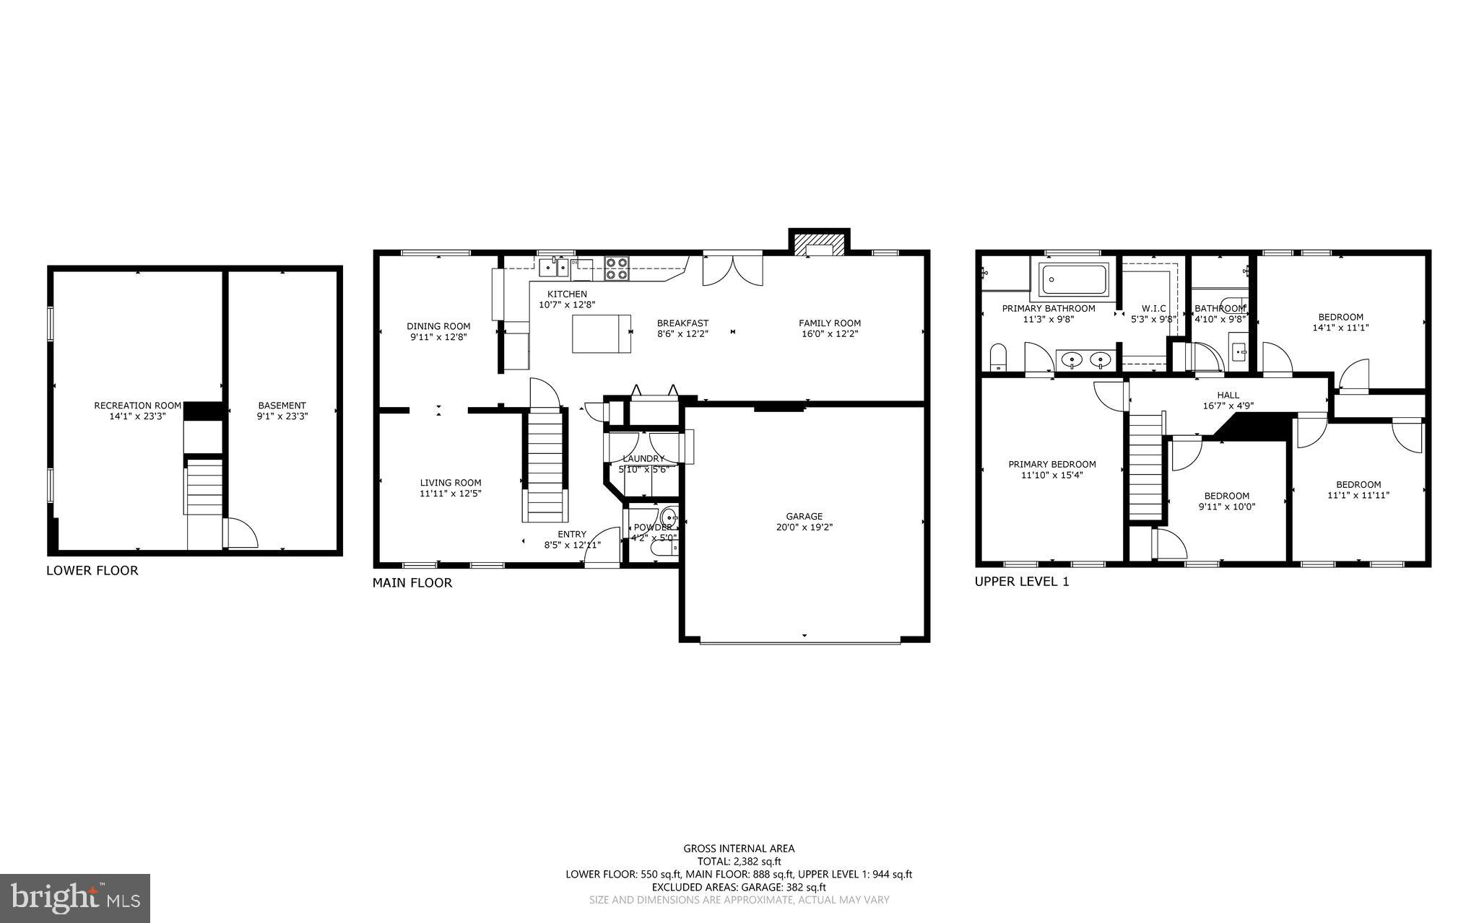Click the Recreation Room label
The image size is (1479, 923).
pyautogui.click(x=137, y=406)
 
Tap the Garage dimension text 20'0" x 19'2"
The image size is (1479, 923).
pyautogui.click(x=804, y=527)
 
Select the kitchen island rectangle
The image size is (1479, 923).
pyautogui.click(x=601, y=333)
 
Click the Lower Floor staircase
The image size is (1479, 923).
pyautogui.click(x=204, y=489)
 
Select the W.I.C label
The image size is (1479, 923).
pyautogui.click(x=1153, y=308)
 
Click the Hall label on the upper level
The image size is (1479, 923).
pyautogui.click(x=1228, y=395)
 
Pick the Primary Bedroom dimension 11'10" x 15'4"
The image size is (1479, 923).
pyautogui.click(x=1051, y=475)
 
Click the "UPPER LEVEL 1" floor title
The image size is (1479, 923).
pyautogui.click(x=1021, y=582)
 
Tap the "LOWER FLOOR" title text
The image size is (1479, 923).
pyautogui.click(x=92, y=571)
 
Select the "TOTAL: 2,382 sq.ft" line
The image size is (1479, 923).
pyautogui.click(x=739, y=861)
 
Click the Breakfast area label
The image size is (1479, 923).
pyautogui.click(x=682, y=323)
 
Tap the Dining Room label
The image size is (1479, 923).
pyautogui.click(x=438, y=326)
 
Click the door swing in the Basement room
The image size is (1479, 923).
pyautogui.click(x=242, y=533)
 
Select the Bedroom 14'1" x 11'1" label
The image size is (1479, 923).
pyautogui.click(x=1340, y=317)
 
